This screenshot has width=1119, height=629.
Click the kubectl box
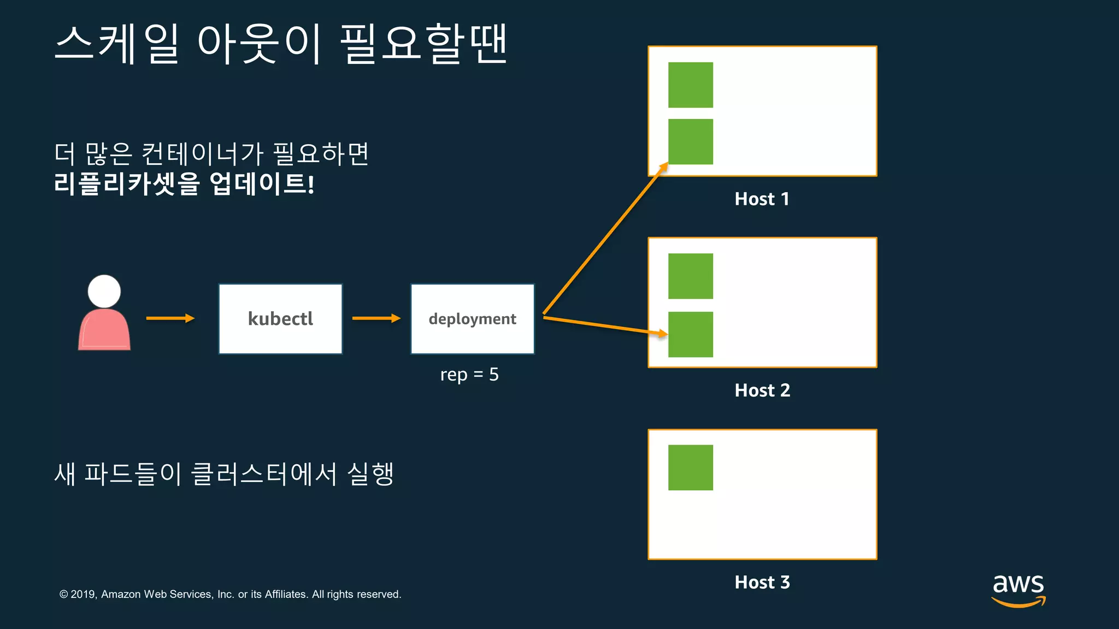point(280,319)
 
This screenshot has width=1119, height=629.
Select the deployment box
point(472,319)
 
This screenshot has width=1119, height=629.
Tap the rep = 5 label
point(469,375)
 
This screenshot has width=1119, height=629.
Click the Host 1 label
point(762,199)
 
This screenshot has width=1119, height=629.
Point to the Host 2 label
point(762,390)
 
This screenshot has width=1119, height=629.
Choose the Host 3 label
point(762,582)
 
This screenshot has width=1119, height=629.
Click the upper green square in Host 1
point(691,85)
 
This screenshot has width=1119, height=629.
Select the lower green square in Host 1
point(691,141)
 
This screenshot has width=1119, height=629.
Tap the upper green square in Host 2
point(691,276)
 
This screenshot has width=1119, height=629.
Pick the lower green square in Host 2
point(691,334)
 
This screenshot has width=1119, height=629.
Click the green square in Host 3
point(691,467)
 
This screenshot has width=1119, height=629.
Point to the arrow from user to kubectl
point(170,318)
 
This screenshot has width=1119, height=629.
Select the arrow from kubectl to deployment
point(376,318)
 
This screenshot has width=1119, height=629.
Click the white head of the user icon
point(104,291)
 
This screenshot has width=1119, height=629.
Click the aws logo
point(1018,590)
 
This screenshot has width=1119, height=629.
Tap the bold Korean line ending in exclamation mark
point(184,183)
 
